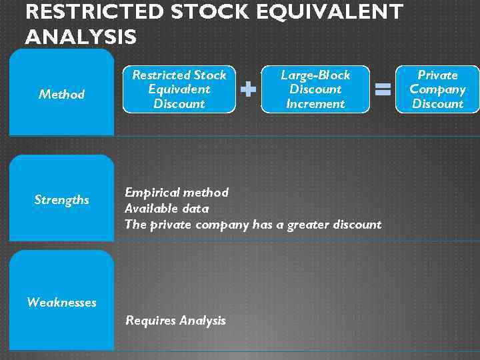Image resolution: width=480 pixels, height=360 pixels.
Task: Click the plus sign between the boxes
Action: [x=248, y=89]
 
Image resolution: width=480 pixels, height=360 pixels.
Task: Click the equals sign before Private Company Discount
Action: [x=383, y=89]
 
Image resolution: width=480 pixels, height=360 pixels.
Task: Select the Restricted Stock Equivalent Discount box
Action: [x=179, y=89]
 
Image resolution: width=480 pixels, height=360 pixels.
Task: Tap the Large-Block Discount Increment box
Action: [x=315, y=89]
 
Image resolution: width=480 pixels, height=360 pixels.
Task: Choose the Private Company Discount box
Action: [x=437, y=89]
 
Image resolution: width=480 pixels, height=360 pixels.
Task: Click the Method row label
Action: [x=61, y=94]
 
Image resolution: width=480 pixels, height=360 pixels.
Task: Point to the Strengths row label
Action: [x=61, y=199]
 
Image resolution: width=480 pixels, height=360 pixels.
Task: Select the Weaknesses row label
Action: [x=61, y=302]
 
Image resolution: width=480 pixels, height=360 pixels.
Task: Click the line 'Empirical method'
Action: [x=177, y=193]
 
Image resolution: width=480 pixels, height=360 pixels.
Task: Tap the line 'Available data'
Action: [x=167, y=209]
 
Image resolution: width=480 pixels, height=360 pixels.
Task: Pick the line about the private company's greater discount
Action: [x=253, y=225]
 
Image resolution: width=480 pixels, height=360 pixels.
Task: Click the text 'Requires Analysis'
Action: [x=176, y=321]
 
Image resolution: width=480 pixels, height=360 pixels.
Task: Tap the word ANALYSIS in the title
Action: [x=81, y=37]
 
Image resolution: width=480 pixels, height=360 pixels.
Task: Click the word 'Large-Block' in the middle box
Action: [x=315, y=75]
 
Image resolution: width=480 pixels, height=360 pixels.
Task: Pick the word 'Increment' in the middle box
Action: [x=315, y=103]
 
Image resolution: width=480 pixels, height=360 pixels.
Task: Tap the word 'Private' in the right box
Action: [x=437, y=75]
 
